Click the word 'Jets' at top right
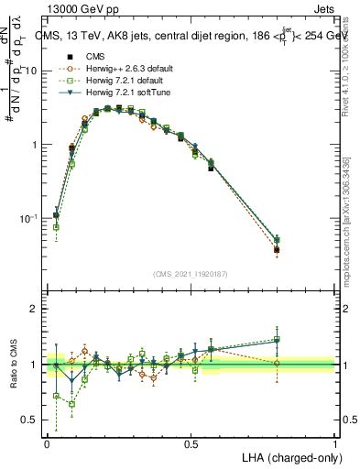click(323, 7)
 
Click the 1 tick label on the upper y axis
click(37, 145)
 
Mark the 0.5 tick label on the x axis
click(191, 443)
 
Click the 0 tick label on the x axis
click(47, 443)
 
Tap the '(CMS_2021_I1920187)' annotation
click(191, 272)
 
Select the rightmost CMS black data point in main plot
click(277, 249)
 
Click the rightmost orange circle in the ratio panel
click(277, 363)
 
